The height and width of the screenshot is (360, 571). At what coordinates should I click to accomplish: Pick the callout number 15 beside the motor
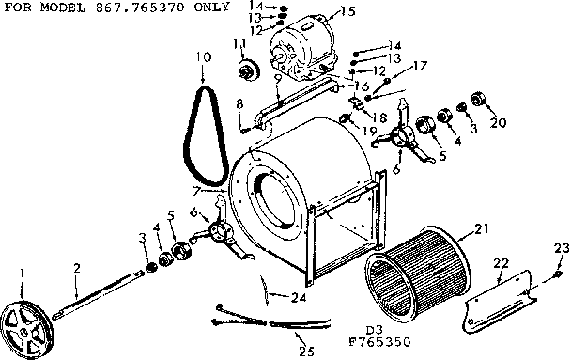pyautogui.click(x=349, y=12)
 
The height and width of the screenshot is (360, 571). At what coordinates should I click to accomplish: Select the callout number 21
pyautogui.click(x=482, y=228)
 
